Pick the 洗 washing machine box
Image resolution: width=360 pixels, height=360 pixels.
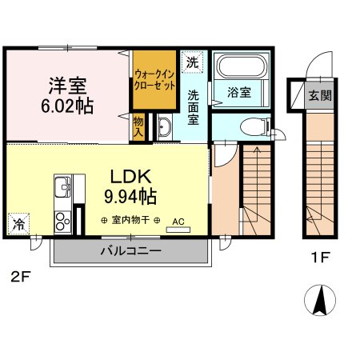click(x=192, y=61)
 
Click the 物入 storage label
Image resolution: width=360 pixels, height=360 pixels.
click(x=138, y=126)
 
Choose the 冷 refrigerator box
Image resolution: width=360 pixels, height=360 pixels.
click(x=18, y=224)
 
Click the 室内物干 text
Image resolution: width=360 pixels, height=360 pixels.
click(x=130, y=220)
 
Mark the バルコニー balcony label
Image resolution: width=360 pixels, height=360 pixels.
click(x=130, y=250)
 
